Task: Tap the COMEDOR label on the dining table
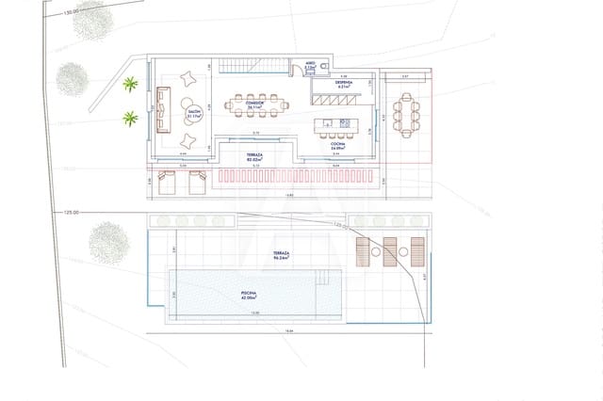tap(253, 106)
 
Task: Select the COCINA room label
tap(337, 146)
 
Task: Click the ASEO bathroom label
tap(310, 66)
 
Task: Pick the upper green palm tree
tap(130, 83)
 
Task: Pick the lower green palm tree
tap(130, 119)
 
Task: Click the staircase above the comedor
tap(248, 63)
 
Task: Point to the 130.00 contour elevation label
tap(71, 13)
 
